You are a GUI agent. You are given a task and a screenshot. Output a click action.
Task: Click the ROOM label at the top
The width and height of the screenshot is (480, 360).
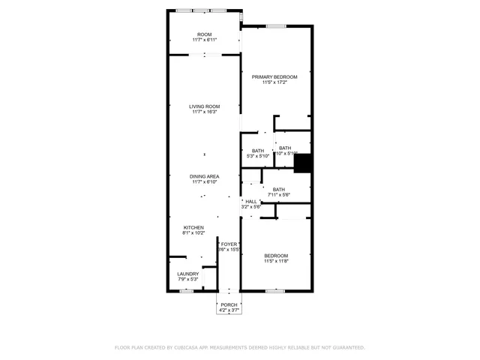coord(204,34)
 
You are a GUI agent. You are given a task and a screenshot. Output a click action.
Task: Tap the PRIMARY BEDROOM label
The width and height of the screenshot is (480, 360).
coord(274,77)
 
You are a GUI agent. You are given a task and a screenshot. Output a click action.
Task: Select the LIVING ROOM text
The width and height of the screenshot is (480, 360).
coord(204,106)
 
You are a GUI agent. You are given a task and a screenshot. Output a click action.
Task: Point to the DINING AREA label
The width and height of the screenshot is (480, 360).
coord(204,176)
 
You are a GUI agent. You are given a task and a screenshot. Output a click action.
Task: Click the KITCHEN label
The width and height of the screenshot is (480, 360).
coord(193,227)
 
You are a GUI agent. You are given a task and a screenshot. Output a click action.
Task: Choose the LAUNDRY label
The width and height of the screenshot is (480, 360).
coord(188,274)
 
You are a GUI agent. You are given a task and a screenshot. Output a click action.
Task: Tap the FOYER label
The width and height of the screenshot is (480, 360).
coord(229,244)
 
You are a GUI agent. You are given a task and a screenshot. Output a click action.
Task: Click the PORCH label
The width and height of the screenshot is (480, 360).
coord(229,304)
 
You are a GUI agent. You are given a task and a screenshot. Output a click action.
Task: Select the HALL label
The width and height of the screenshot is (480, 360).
coord(251,201)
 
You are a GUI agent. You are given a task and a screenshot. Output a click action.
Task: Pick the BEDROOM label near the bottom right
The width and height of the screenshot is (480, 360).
coord(275,256)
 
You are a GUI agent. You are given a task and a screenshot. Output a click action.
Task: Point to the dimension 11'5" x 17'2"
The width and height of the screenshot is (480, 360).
coord(274,82)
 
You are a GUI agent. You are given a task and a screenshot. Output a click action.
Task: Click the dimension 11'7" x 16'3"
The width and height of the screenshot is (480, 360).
coord(204,112)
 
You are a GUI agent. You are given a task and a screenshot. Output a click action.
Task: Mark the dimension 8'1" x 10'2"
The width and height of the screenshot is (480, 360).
coord(193,232)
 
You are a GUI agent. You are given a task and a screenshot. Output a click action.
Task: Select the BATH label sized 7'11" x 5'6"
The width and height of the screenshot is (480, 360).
coord(278,190)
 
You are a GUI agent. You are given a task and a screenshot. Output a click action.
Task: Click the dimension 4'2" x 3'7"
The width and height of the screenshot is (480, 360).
coord(229,310)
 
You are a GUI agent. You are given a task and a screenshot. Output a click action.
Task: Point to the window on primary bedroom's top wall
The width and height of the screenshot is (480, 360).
coord(276,26)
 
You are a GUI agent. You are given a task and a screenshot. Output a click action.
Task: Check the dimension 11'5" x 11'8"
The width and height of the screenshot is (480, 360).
coord(275,262)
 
